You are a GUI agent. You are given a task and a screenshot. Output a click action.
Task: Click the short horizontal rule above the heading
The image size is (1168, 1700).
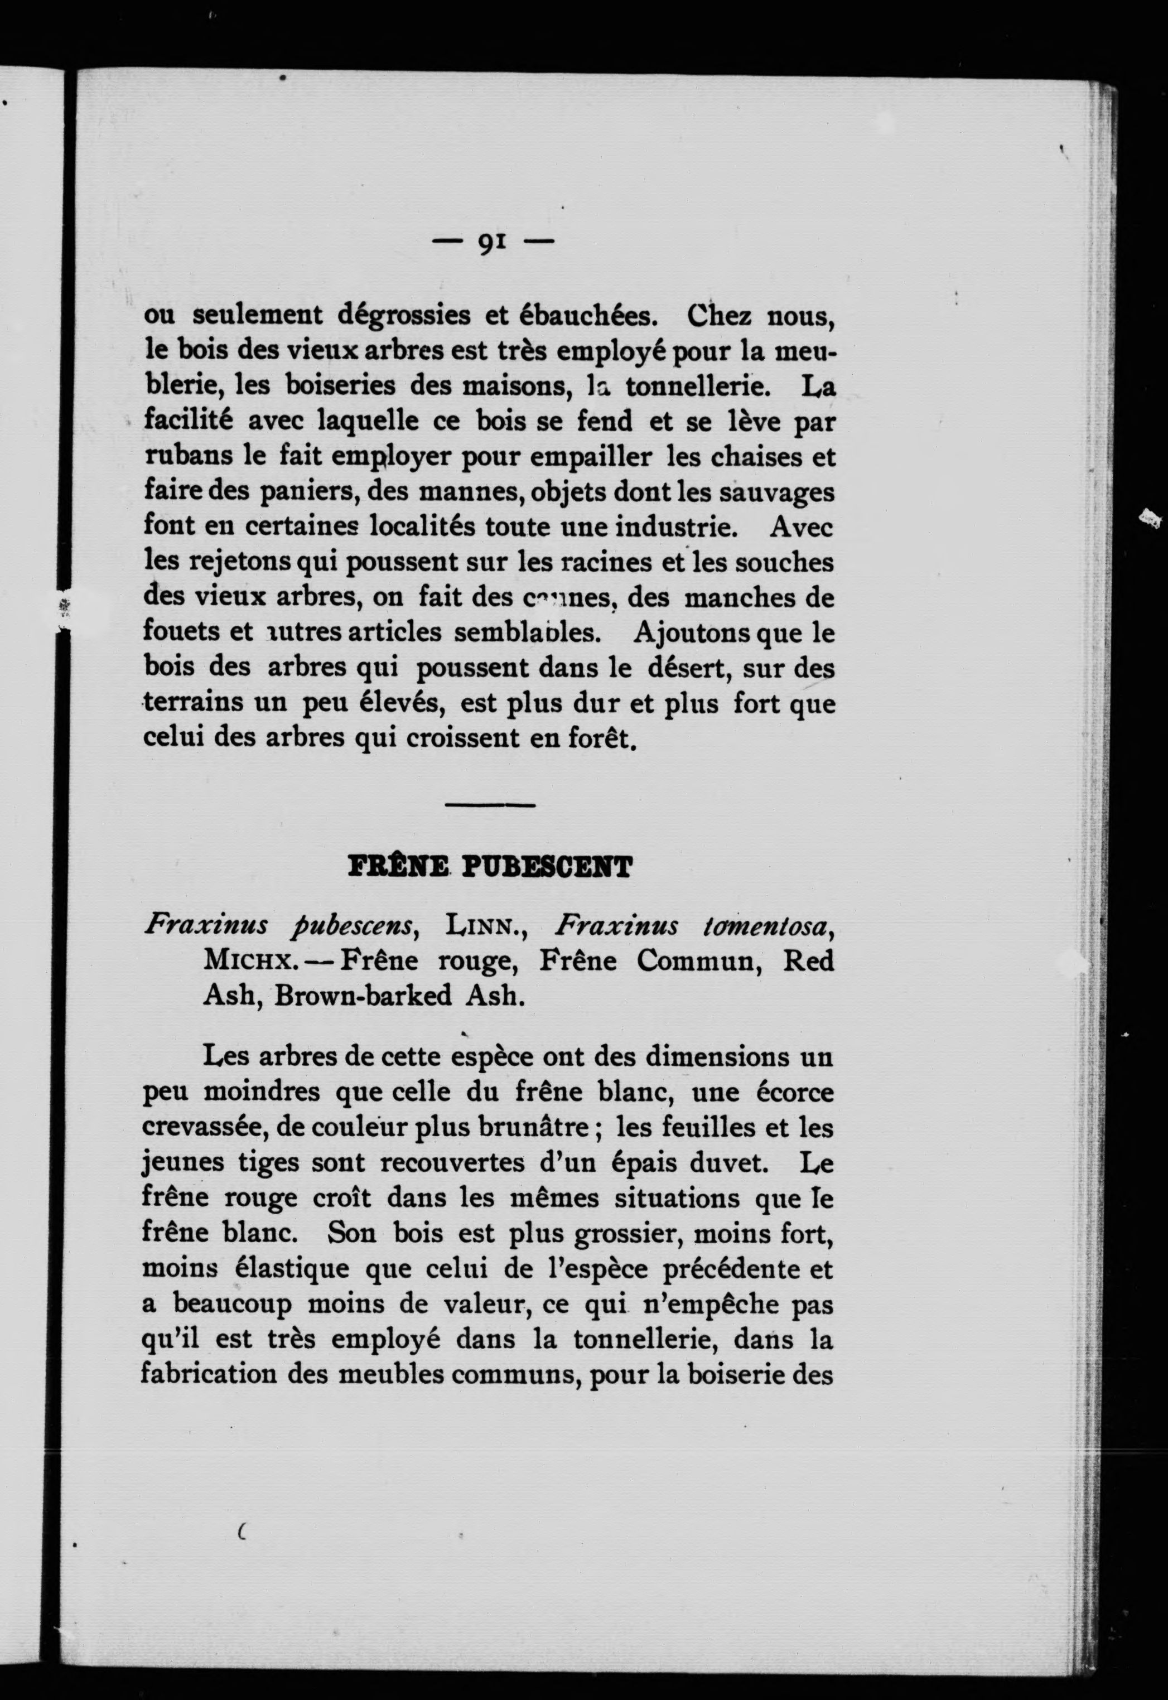coord(490,805)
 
